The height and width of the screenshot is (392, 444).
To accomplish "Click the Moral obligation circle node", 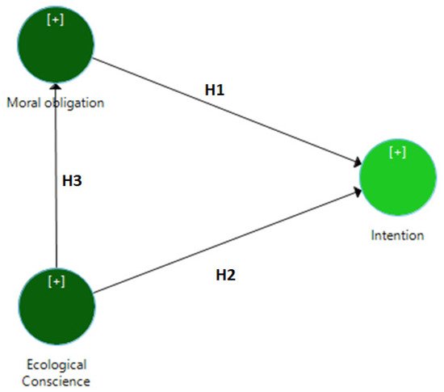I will tap(56, 44).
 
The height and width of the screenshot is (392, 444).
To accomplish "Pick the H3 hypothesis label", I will tap(73, 181).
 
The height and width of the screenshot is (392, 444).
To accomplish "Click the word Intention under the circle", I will tap(397, 236).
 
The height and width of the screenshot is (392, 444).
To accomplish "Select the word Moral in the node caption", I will tap(22, 103).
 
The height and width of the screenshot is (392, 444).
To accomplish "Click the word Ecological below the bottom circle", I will tap(56, 365).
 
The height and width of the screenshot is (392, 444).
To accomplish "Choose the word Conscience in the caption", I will tap(56, 381).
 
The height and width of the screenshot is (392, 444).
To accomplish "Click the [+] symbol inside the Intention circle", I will tap(397, 152).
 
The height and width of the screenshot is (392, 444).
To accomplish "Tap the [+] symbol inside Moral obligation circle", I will tap(56, 19).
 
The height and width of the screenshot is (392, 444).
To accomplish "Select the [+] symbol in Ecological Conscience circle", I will tap(56, 280).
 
